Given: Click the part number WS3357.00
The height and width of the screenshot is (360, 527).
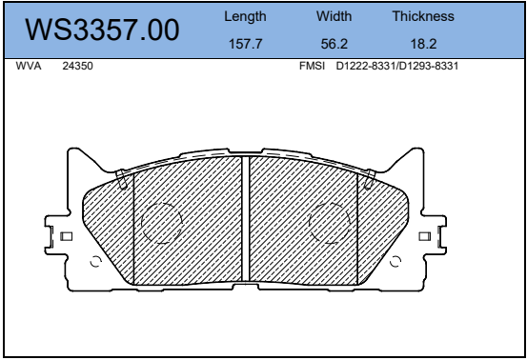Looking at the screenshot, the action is point(102,30).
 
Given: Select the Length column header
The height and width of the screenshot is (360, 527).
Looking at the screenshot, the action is point(245,17).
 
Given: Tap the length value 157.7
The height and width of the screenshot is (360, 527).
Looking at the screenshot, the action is point(245,44).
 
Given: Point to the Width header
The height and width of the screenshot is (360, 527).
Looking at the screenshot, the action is point(334,16).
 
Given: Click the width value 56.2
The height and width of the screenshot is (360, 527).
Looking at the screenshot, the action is point(334,44).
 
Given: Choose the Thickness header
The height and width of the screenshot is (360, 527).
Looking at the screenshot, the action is point(423,16).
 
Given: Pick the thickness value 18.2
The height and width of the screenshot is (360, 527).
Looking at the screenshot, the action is point(423,44).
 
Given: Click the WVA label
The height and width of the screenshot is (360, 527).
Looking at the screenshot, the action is point(29,66).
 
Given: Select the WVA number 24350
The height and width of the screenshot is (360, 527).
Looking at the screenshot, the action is point(77,66).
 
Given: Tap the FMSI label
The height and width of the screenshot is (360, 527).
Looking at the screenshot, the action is point(312,66).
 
